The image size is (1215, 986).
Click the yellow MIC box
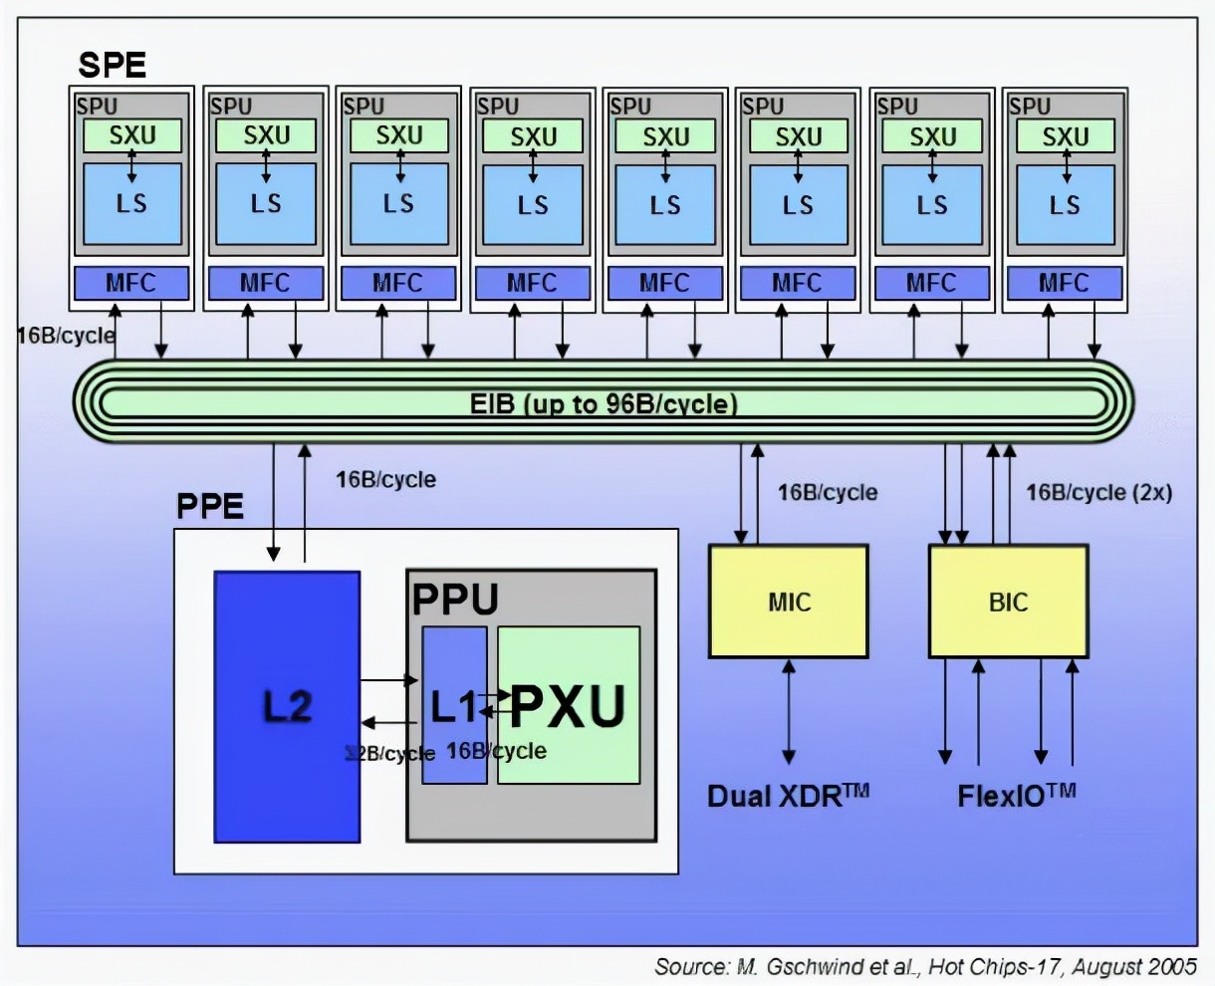click(788, 601)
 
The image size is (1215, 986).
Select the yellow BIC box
click(1008, 601)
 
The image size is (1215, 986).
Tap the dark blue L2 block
click(287, 706)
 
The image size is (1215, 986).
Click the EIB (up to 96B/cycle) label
click(604, 403)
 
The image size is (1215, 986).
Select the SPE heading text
click(112, 66)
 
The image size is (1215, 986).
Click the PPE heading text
click(210, 506)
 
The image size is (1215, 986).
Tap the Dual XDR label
click(788, 796)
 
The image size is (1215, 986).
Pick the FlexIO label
click(1016, 796)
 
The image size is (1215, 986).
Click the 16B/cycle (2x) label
click(1098, 492)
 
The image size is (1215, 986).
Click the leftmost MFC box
click(130, 283)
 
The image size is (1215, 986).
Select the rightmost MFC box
click(1064, 283)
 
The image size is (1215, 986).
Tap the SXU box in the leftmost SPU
click(132, 135)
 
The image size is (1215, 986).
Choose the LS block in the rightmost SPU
click(1065, 204)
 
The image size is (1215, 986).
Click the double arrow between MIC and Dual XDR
click(789, 711)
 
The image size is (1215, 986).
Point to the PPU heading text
click(455, 600)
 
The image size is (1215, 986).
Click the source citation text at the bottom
click(925, 966)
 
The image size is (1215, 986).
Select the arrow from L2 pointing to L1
click(388, 680)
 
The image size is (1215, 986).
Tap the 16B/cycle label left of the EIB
click(66, 336)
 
